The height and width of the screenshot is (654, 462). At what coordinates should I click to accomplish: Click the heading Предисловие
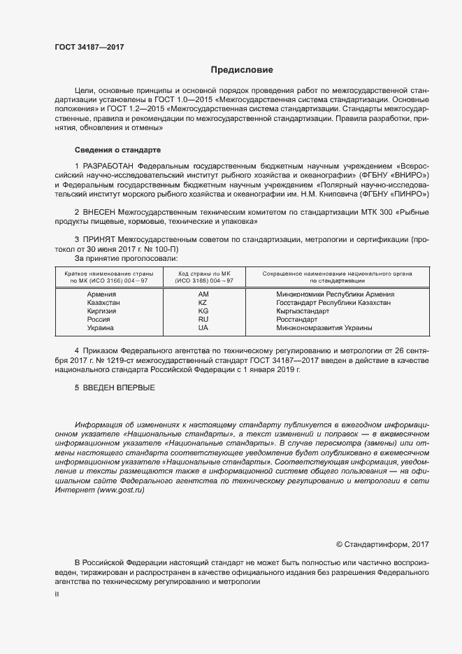coord(243,70)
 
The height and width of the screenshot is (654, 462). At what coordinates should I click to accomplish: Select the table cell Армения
coord(101,294)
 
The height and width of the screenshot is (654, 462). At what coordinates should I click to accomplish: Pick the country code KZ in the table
coord(203,303)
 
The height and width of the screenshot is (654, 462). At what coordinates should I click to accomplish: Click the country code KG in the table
coord(203,311)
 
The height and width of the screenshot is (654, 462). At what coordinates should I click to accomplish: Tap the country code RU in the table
coord(203,320)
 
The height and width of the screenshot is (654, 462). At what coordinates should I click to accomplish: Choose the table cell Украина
coord(101,328)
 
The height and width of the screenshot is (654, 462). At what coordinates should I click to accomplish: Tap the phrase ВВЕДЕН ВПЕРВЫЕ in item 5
coord(119,387)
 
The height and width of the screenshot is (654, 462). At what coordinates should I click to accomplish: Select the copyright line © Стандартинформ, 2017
coord(383,543)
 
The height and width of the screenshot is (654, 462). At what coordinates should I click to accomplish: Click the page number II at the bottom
coord(57,595)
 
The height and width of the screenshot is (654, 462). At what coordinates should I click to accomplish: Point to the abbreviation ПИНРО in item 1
coord(407,193)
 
